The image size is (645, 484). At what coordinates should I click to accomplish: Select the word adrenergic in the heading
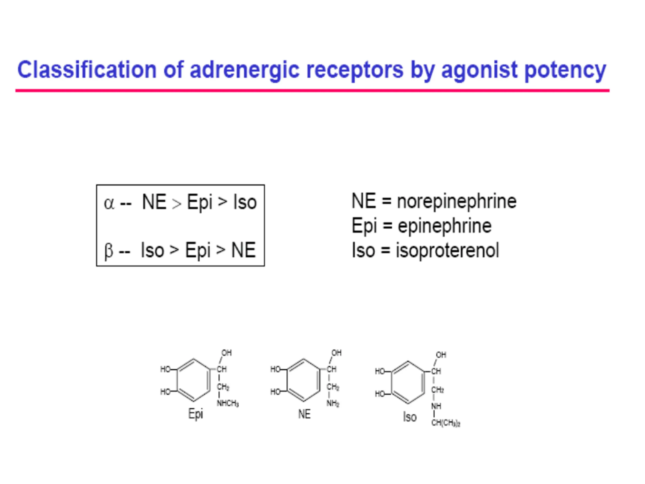(245, 70)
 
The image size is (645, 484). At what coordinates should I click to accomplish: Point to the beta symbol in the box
(109, 251)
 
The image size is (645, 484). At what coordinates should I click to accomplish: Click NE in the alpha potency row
(154, 202)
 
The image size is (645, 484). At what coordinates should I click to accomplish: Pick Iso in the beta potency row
(152, 250)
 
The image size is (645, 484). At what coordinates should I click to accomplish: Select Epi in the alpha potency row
(200, 202)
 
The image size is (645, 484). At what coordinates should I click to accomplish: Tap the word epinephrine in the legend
(444, 226)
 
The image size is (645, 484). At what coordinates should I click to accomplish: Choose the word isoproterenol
(447, 250)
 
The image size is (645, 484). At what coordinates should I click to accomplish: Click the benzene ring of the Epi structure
(193, 380)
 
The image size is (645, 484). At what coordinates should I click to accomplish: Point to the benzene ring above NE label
(304, 380)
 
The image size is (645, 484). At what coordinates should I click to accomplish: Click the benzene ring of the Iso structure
(408, 382)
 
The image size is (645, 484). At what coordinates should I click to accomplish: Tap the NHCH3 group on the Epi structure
(228, 404)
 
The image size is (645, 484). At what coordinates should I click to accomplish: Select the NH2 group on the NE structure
(333, 404)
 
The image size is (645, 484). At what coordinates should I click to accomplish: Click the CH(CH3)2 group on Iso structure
(445, 423)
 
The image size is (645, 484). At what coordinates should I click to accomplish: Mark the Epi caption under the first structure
(195, 414)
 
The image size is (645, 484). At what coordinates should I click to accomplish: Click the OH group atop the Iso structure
(441, 355)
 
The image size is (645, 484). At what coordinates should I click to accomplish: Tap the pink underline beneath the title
(312, 91)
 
